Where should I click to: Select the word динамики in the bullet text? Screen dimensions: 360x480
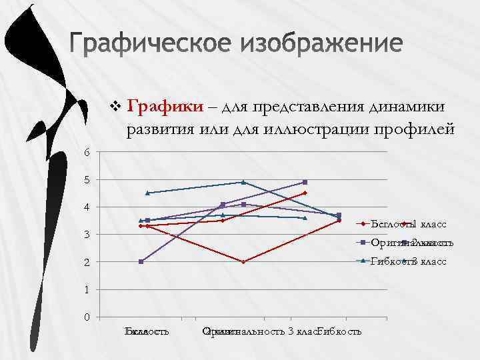coord(413,106)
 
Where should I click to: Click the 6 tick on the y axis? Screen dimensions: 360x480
coord(87,152)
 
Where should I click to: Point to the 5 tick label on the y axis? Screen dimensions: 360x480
coord(87,180)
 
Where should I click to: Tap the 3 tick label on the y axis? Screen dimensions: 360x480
coord(87,235)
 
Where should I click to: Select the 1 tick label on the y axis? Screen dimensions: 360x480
coord(87,289)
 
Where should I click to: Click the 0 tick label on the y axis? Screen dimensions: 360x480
coord(87,317)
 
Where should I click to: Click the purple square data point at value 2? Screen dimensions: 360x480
coord(141,261)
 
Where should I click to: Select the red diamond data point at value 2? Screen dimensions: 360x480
coord(243,262)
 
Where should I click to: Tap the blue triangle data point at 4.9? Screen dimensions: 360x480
coord(243,182)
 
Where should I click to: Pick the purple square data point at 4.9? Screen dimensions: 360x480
coord(305,182)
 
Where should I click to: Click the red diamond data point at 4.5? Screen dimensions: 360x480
coord(305,193)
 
